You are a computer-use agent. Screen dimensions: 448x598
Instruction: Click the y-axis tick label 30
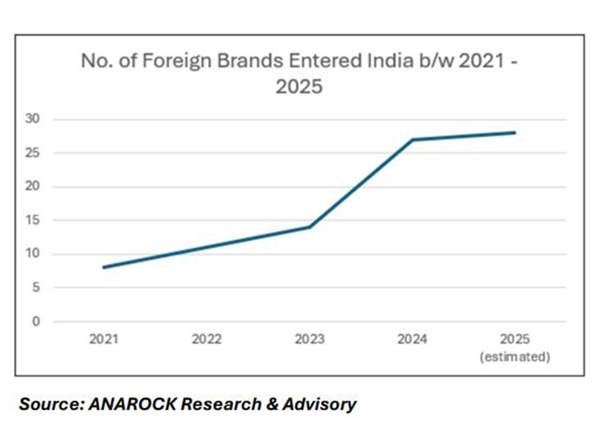pos(32,119)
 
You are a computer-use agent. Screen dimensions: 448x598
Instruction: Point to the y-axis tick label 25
pos(32,153)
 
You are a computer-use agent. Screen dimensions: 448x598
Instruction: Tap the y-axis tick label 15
pos(32,220)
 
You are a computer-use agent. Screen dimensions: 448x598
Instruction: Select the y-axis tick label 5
pos(36,287)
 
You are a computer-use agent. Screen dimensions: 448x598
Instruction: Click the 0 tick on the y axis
pos(36,321)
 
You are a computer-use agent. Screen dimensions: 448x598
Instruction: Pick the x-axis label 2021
pos(104,339)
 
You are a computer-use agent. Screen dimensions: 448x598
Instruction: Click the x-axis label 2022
pos(207,339)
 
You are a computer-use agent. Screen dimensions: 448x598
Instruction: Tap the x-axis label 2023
pos(309,339)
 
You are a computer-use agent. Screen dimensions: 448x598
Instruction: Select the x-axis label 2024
pos(412,339)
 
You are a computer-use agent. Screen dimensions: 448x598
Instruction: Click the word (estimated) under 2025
pos(515,357)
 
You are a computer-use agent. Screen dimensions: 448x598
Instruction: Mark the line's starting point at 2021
pos(104,267)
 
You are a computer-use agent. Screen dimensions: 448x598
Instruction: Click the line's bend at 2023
pos(310,227)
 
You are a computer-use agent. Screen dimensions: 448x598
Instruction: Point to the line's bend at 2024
pos(412,140)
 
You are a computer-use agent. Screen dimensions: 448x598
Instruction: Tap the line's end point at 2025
pos(515,133)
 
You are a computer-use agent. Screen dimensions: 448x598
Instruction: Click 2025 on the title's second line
pos(299,87)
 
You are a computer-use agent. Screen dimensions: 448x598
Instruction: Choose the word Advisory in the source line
pos(319,404)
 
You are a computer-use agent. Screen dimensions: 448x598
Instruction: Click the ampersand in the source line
pos(272,404)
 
